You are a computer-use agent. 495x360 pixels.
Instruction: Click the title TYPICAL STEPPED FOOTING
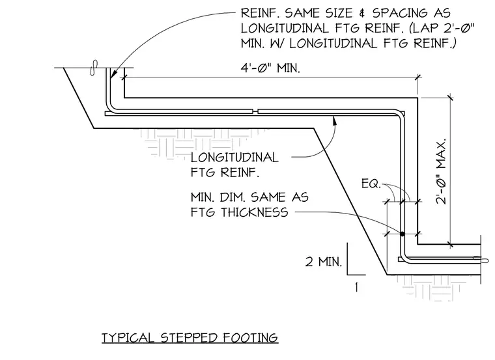190,338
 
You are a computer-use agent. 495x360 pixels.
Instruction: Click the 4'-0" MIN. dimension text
270,68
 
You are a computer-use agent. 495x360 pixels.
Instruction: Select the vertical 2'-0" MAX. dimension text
441,171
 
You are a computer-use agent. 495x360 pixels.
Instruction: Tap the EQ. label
371,184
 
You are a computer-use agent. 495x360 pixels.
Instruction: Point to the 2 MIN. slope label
324,262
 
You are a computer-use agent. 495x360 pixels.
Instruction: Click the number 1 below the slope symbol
356,287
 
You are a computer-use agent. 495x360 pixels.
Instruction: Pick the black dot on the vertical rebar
403,234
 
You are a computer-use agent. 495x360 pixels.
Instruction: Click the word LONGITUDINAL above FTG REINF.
234,157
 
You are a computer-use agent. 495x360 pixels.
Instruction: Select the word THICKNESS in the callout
254,212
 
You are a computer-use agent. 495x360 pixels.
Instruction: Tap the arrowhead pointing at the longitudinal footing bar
334,119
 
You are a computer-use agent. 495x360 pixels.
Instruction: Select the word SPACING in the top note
399,13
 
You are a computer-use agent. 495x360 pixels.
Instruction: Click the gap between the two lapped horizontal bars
255,111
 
